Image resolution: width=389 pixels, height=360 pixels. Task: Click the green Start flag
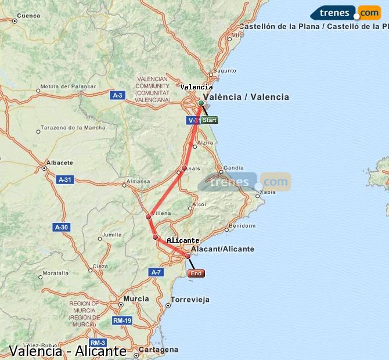pos(210,120)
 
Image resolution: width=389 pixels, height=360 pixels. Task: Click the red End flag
pos(196,273)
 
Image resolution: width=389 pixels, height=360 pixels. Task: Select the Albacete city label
pos(60,163)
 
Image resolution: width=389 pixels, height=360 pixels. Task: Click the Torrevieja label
pos(191,300)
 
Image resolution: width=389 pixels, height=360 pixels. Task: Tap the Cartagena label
pos(159,350)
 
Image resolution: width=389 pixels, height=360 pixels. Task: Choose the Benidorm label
pos(242,225)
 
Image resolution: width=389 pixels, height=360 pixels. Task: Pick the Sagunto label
pos(225,71)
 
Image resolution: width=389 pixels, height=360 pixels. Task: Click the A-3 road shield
pos(118,95)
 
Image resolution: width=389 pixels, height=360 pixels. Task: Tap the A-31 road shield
pos(65,179)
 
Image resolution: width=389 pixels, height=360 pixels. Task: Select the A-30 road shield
pos(61,227)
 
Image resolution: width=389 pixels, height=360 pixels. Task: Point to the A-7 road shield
pos(156,272)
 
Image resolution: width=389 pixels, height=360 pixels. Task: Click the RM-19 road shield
pos(123,320)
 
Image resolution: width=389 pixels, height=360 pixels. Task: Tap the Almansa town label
pos(139,182)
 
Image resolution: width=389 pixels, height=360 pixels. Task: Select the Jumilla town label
pos(111,236)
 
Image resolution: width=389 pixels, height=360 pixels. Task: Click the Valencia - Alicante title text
pos(68,351)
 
